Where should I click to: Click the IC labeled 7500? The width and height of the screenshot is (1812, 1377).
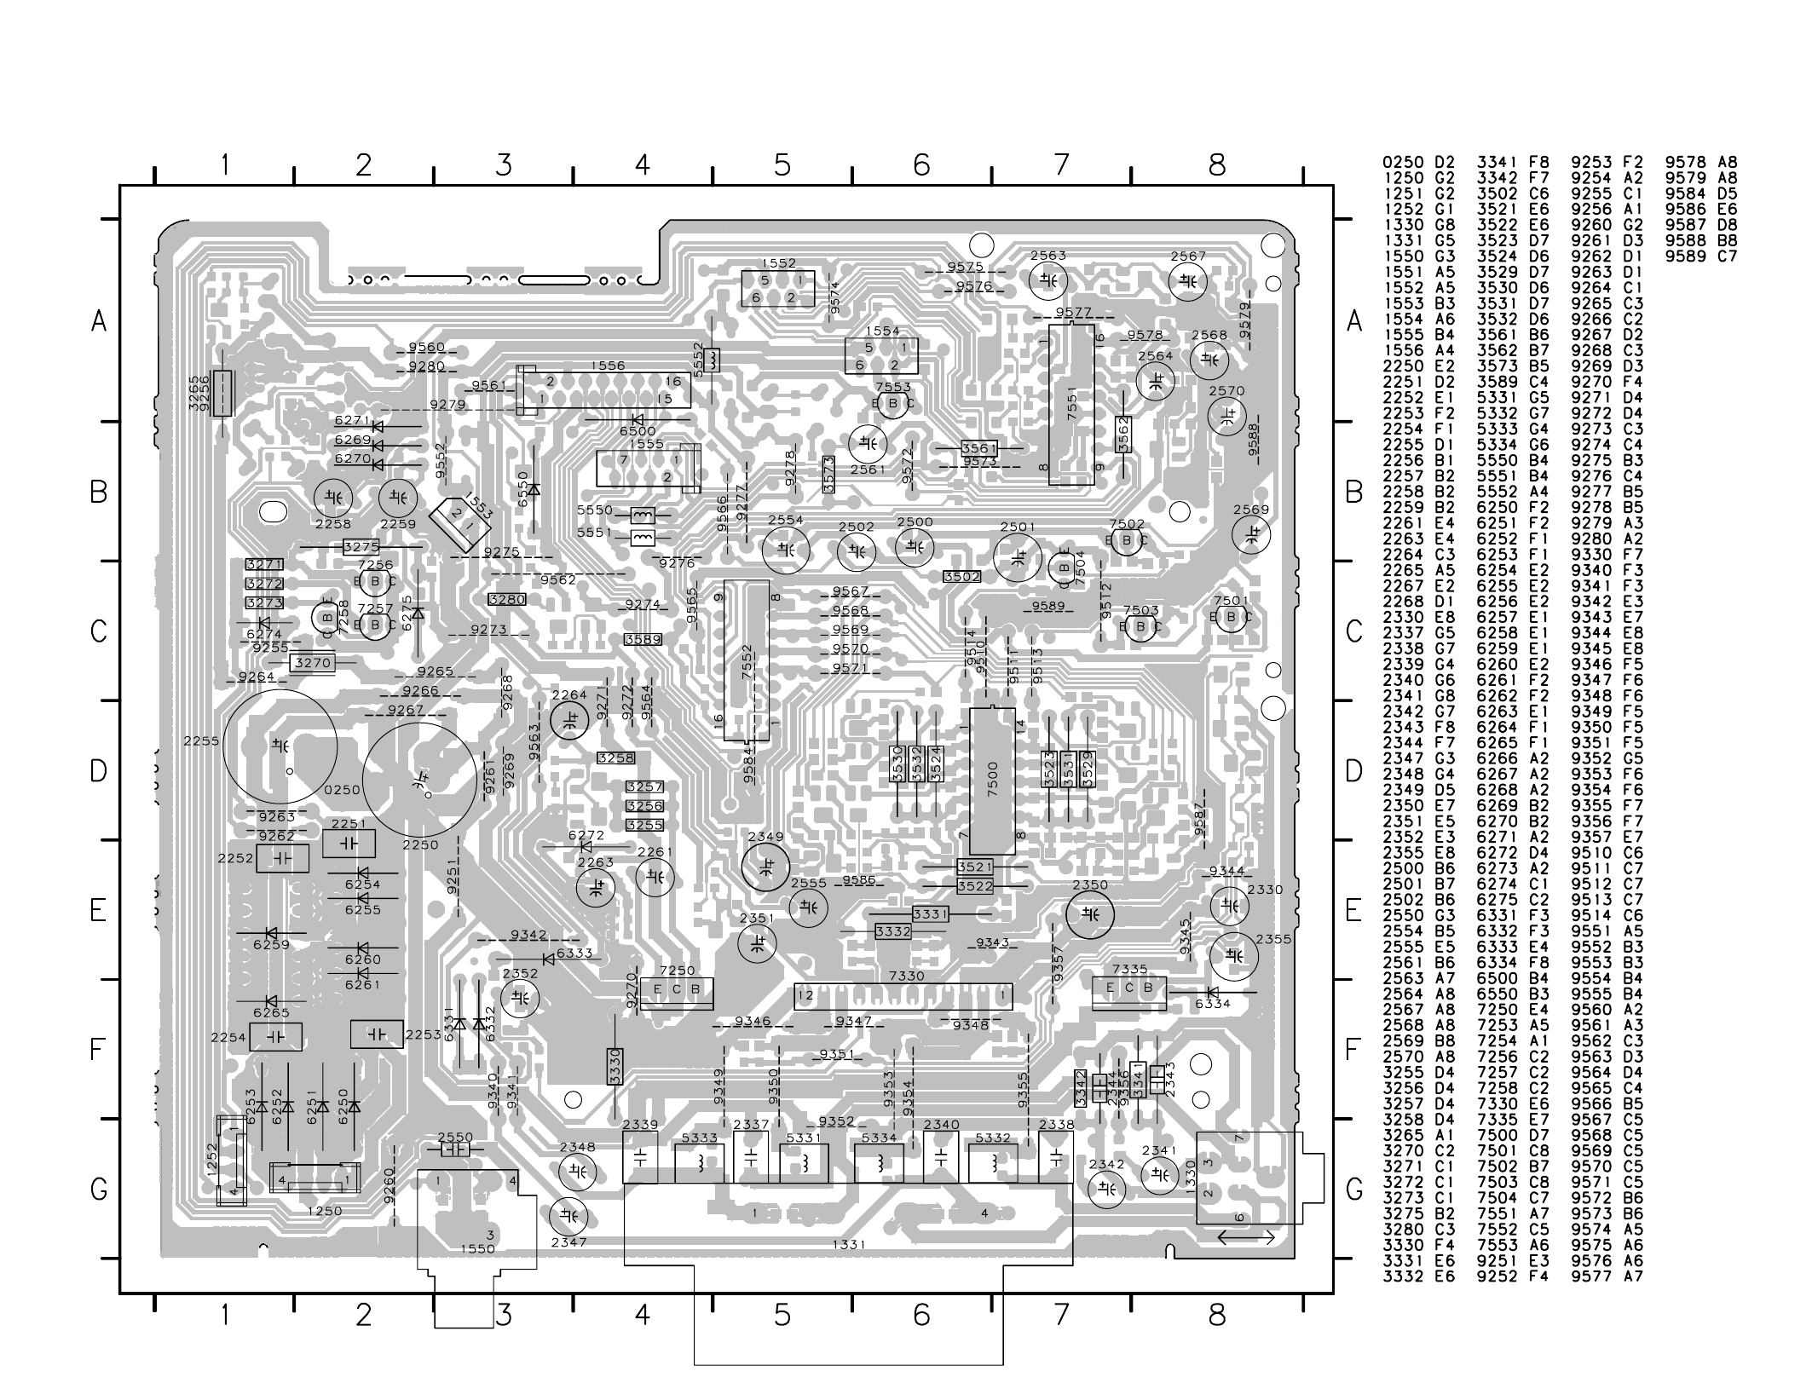992,781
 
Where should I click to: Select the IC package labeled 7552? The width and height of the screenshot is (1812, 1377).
747,660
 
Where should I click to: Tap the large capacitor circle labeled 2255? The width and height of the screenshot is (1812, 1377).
280,746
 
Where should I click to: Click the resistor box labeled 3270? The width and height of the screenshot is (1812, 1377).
312,662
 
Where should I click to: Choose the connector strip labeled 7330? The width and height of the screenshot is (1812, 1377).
904,996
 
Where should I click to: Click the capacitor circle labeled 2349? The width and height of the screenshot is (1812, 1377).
765,868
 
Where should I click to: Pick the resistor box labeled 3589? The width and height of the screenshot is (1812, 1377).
643,640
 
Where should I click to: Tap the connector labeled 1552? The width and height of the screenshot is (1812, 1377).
777,288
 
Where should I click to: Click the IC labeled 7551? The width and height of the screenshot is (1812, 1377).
1071,404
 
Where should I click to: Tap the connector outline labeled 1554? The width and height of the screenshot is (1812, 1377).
881,356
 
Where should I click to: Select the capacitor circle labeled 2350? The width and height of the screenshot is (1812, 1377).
1089,914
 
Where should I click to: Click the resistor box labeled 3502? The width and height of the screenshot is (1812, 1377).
961,577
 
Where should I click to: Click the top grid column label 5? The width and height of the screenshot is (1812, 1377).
782,164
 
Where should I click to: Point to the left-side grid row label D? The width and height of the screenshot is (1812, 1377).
99,771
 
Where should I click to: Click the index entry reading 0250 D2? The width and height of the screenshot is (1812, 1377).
1419,162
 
